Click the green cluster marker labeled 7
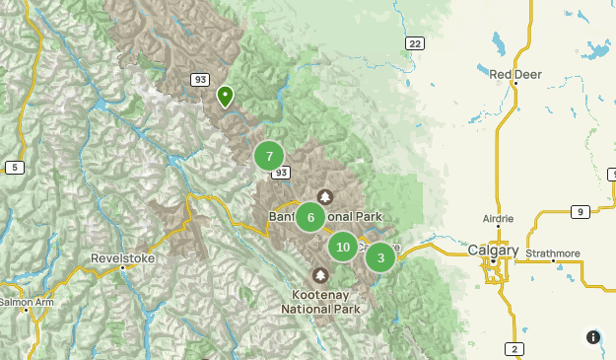tap(269, 156)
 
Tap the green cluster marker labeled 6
tap(310, 218)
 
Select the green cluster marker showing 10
tap(342, 247)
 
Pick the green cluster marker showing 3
tap(380, 258)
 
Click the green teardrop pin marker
tap(225, 96)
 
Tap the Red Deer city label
tap(515, 74)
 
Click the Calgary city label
tap(493, 251)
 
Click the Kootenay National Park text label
tap(319, 301)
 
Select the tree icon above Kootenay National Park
tap(319, 275)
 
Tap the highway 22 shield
tap(414, 42)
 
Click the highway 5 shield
tap(14, 168)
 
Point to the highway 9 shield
tap(582, 211)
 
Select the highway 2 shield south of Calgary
tap(514, 348)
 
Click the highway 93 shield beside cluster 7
tap(283, 173)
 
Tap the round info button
tap(592, 336)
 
